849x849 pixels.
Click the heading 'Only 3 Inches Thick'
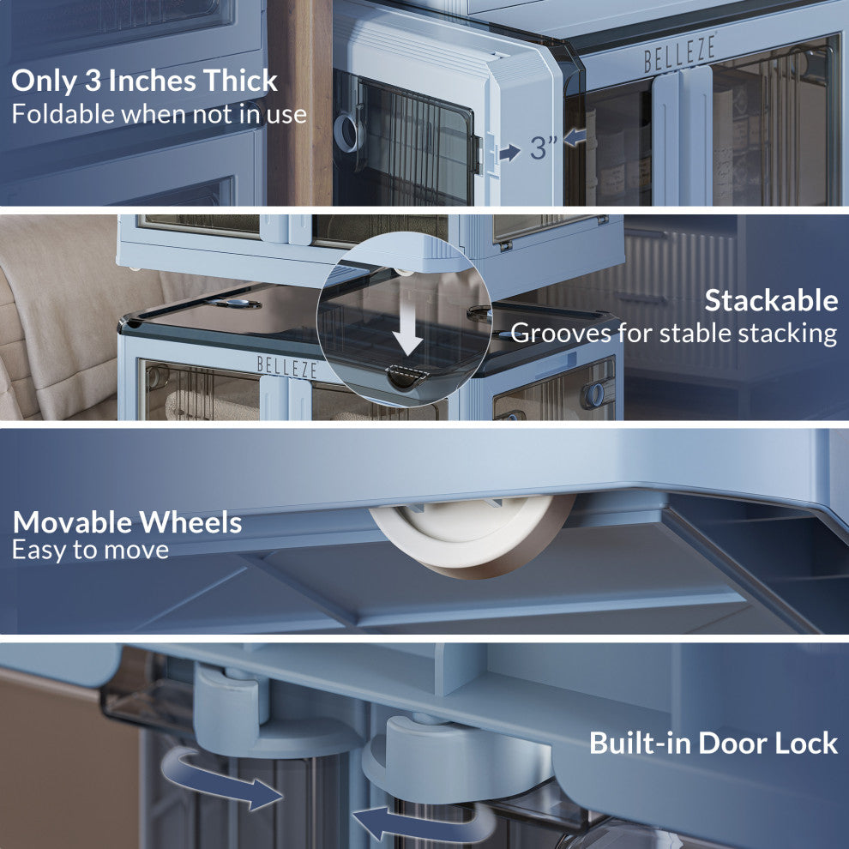[x=144, y=81]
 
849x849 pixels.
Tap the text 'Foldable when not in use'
[x=160, y=114]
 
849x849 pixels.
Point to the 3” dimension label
[x=543, y=148]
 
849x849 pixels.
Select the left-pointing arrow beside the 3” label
[x=575, y=137]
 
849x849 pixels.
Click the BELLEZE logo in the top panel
[x=680, y=52]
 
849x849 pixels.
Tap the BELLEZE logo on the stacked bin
[x=287, y=367]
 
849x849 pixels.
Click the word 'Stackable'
[x=771, y=300]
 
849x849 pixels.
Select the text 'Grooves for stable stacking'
[x=673, y=334]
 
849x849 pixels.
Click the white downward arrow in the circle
[x=407, y=335]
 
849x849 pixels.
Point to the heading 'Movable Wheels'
[x=127, y=522]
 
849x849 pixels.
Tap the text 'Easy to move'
[x=90, y=551]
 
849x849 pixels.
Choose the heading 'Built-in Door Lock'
[x=714, y=743]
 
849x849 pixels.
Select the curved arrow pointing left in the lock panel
[x=422, y=823]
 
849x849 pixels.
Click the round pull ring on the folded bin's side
[x=347, y=132]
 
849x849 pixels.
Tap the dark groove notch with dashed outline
[x=407, y=376]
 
